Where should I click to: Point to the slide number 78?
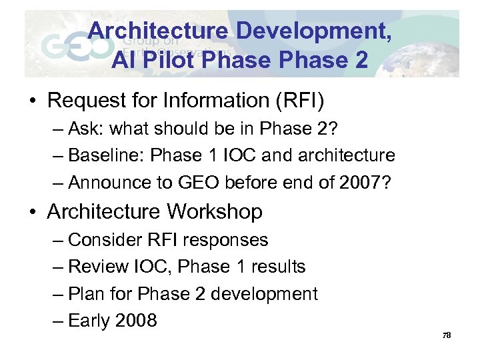click(447, 335)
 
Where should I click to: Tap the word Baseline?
click(107, 156)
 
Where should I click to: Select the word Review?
click(99, 267)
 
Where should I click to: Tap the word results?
click(276, 267)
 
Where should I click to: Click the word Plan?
click(87, 294)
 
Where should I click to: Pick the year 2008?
click(136, 321)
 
